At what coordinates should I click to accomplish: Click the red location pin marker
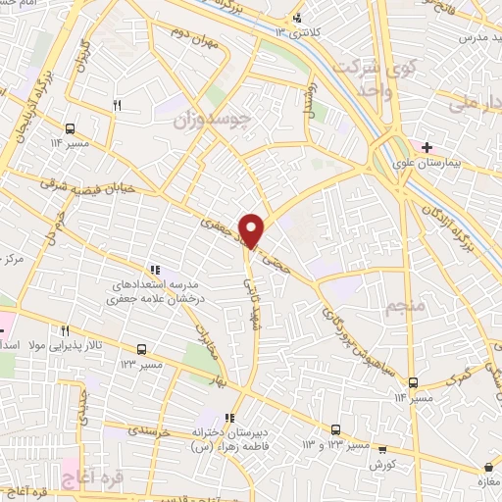253,229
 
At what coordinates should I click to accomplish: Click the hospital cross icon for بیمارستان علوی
427,147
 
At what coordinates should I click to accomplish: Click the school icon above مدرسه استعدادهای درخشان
153,269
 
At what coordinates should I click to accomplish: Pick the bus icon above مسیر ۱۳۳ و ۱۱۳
335,429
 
